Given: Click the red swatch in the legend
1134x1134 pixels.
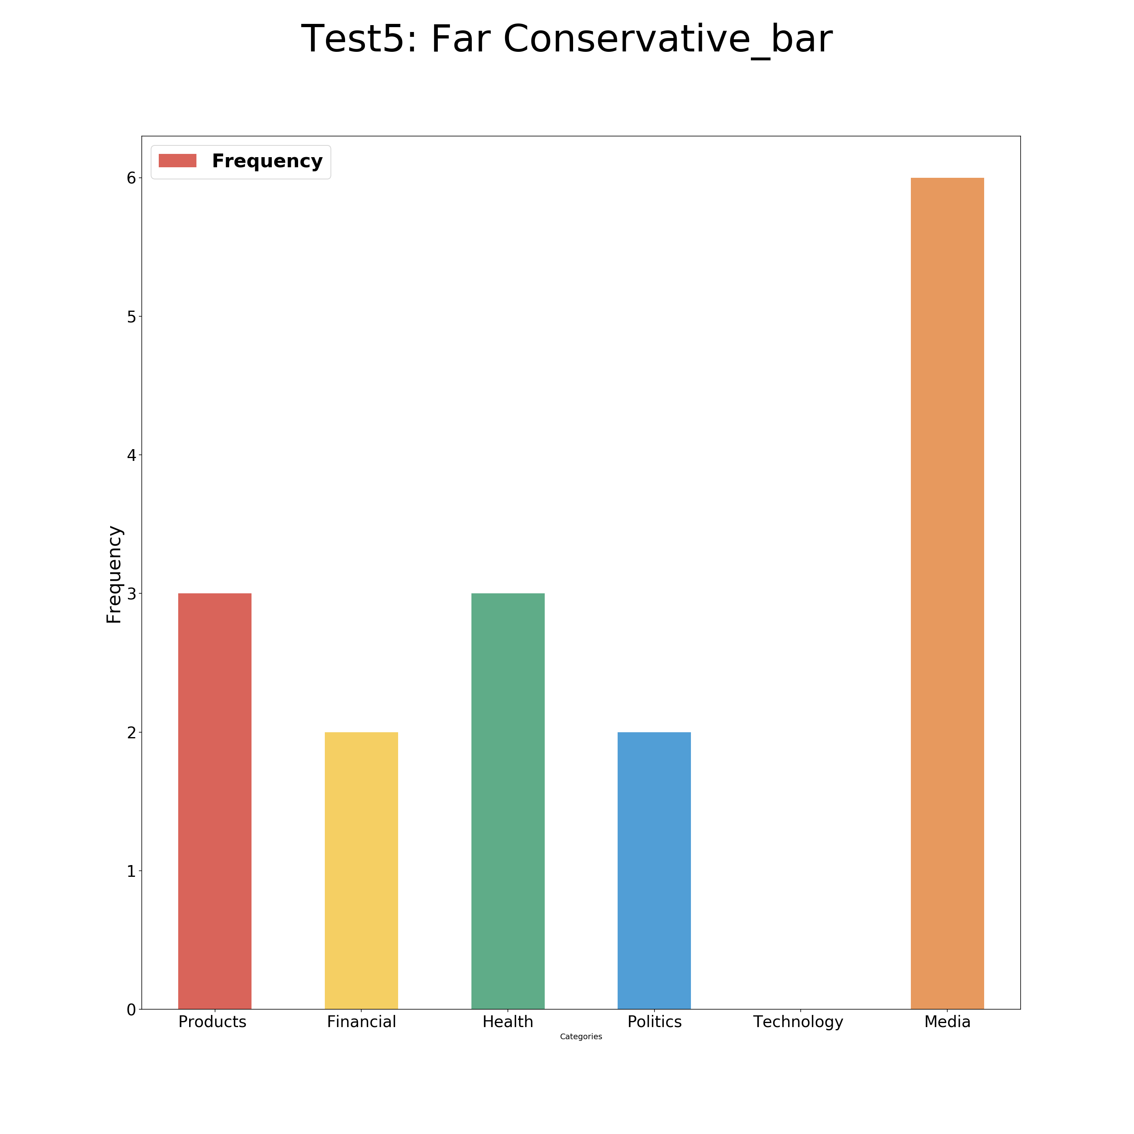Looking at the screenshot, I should coord(177,161).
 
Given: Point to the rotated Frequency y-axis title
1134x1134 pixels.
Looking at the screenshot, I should coord(114,574).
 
